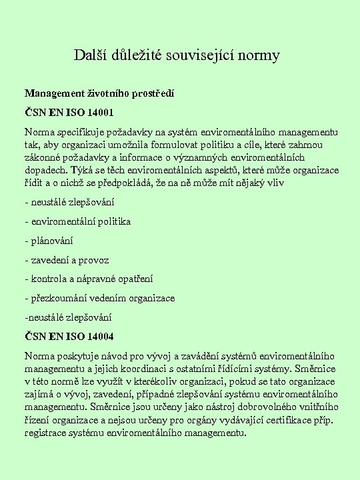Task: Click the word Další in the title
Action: point(89,55)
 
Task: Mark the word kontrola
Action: point(48,279)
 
